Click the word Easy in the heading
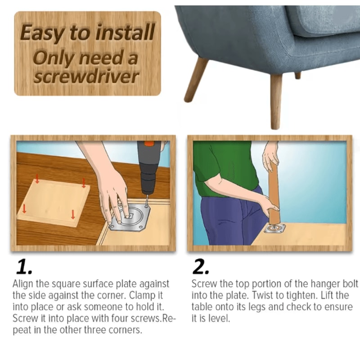pos(40,33)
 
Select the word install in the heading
pos(122,33)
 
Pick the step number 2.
pos(201,267)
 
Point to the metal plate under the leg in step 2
pos(274,229)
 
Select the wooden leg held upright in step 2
pos(274,193)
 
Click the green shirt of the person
pos(220,166)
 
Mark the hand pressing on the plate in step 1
pos(112,189)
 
